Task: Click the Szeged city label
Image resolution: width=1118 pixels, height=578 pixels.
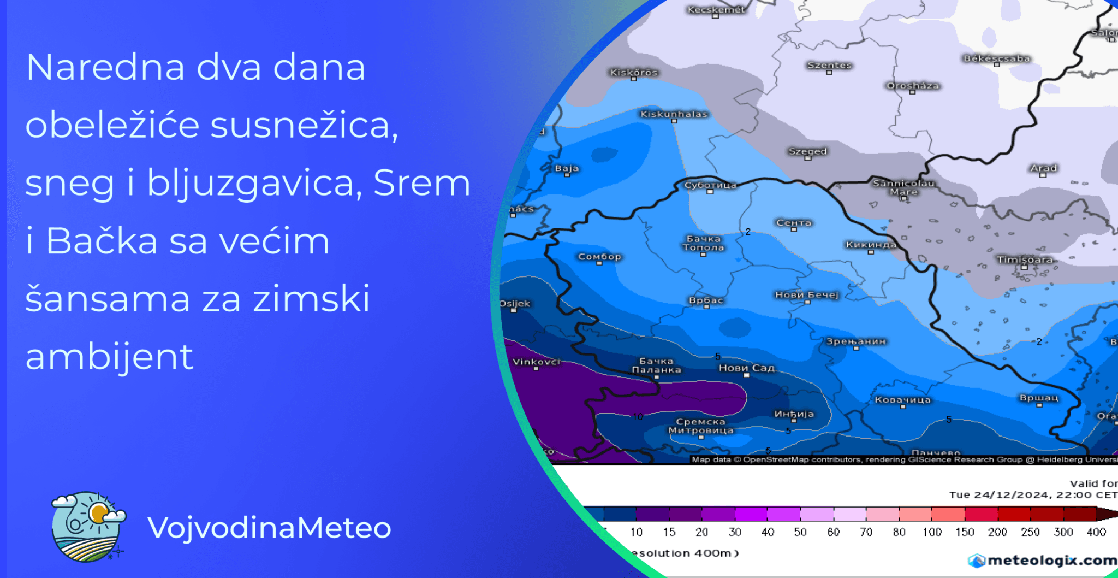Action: click(x=807, y=151)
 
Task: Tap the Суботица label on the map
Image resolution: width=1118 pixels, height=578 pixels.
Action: click(x=710, y=185)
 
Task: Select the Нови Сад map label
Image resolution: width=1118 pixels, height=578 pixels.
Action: click(x=746, y=368)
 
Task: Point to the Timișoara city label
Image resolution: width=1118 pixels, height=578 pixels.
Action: click(x=1025, y=259)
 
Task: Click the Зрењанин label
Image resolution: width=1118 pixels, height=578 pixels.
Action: click(x=855, y=341)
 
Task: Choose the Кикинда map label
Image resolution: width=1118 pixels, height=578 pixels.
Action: click(x=871, y=245)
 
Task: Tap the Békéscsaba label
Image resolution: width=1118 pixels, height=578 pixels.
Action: click(x=996, y=58)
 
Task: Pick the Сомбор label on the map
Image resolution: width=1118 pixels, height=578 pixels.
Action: click(x=599, y=257)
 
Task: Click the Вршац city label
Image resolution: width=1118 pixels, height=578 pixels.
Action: click(x=1039, y=398)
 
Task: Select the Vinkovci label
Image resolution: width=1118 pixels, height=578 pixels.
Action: click(x=536, y=362)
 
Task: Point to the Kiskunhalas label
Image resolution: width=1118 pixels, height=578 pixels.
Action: click(x=674, y=114)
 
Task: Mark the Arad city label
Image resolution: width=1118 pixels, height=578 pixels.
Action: click(x=1043, y=168)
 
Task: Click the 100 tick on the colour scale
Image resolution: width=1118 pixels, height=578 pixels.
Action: click(x=932, y=532)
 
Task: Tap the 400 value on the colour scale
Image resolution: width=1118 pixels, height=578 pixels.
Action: click(x=1096, y=532)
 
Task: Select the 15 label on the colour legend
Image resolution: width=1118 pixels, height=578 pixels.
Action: click(x=669, y=532)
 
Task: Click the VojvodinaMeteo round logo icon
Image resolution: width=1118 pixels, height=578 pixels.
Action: click(x=87, y=527)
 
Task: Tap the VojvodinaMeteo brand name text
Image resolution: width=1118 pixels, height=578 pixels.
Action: click(x=269, y=528)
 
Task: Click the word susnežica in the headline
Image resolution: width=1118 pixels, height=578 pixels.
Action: click(x=300, y=125)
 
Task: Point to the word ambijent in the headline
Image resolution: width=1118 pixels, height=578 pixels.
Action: click(x=109, y=357)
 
